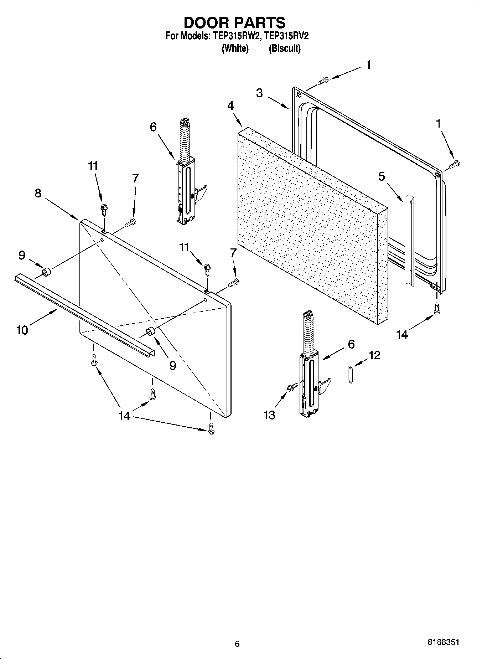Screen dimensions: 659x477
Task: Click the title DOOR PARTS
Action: (234, 22)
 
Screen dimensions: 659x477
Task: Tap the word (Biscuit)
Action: (284, 48)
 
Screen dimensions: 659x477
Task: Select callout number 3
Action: (259, 93)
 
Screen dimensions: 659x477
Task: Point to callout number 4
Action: (230, 106)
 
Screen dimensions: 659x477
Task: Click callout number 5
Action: (382, 176)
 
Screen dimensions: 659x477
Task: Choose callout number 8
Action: (38, 193)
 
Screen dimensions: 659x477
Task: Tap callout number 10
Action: (22, 330)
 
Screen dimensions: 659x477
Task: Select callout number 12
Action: (374, 355)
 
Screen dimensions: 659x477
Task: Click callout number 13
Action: (269, 415)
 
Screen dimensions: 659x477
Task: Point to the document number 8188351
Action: (443, 642)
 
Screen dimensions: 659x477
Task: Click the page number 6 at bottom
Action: (237, 644)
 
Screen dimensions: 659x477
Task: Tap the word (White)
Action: (235, 48)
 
